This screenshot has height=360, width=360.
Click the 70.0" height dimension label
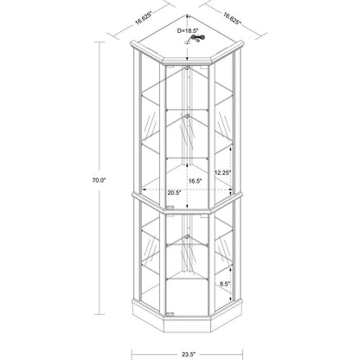[x=100, y=180]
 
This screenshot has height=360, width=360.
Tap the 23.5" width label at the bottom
[x=189, y=354]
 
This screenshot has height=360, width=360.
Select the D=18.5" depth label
[x=188, y=30]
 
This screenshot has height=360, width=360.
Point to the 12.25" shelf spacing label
[x=222, y=172]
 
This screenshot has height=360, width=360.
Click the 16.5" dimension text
[x=196, y=181]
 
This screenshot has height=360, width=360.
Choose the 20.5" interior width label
[x=174, y=192]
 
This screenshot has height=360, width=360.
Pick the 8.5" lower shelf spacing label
[x=224, y=284]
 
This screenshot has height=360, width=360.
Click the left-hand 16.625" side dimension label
[x=145, y=21]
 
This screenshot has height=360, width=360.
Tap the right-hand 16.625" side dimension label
[x=232, y=18]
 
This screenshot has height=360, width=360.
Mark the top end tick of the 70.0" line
[x=100, y=42]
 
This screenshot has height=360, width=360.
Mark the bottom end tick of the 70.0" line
[x=100, y=314]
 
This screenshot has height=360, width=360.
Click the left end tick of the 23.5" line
[x=132, y=354]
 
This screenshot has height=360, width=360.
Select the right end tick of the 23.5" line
[x=242, y=354]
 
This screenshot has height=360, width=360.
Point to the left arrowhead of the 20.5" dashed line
[x=145, y=190]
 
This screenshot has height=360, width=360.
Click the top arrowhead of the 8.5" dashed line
[x=230, y=268]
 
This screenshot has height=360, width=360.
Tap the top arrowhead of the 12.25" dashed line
[x=230, y=147]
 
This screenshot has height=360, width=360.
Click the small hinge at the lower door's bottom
[x=170, y=313]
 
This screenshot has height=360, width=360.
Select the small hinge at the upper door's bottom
[x=170, y=207]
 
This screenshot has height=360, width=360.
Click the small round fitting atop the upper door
[x=187, y=68]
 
